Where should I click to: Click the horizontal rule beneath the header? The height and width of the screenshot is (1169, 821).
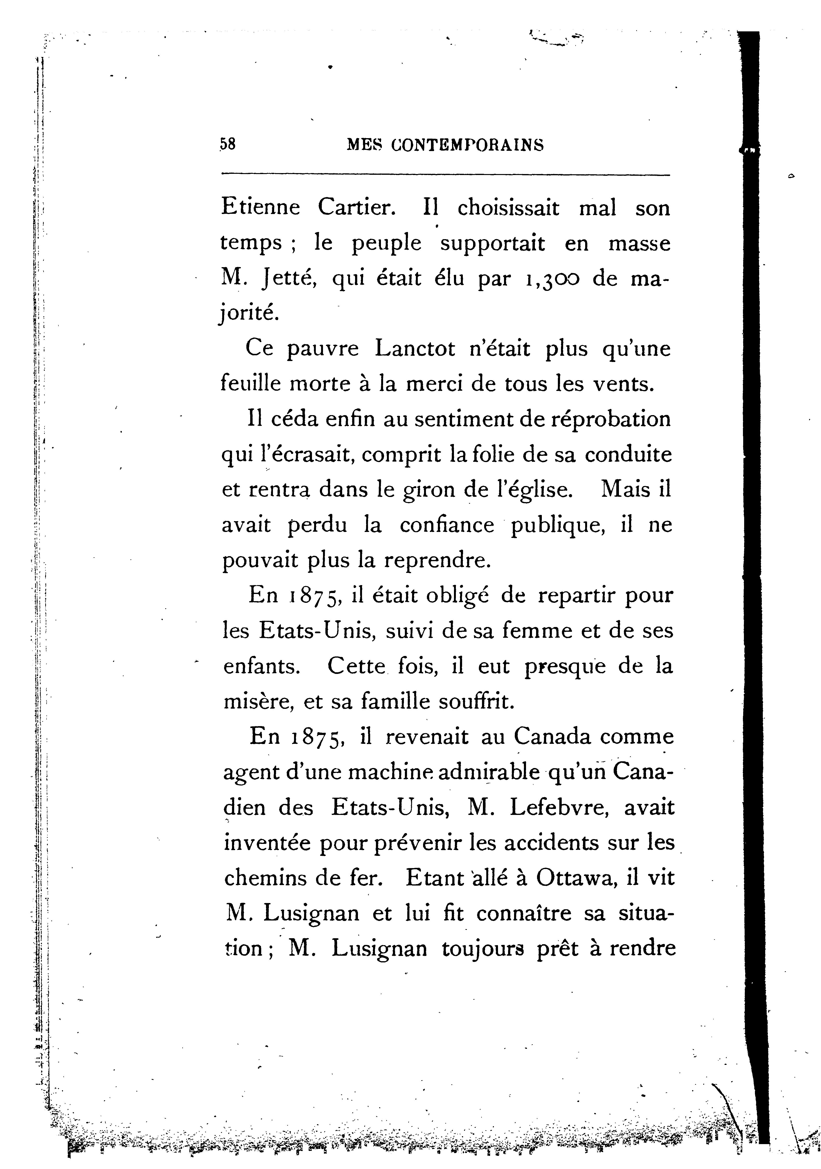click(x=446, y=176)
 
